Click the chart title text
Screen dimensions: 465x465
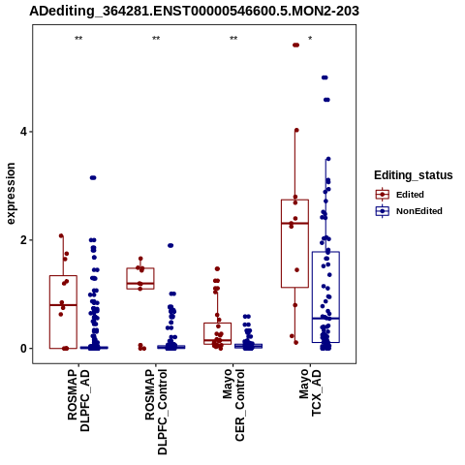point(194,11)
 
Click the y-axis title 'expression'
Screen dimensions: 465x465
point(11,194)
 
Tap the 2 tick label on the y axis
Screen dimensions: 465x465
point(23,240)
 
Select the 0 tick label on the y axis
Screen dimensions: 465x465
point(23,349)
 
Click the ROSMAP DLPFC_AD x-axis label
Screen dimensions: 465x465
point(78,400)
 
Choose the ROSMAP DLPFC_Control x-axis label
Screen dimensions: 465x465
point(156,412)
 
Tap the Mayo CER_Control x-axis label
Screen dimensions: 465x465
point(233,405)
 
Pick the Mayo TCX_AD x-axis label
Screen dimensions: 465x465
point(311,392)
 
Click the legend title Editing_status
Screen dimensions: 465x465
point(414,175)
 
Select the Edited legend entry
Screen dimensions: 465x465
point(399,195)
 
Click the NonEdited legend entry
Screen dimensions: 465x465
point(409,211)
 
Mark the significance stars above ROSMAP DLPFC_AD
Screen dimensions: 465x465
point(78,39)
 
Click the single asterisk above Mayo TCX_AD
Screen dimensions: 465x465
point(310,39)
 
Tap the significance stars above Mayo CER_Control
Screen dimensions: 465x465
point(233,39)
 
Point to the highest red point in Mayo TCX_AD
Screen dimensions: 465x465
point(295,46)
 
